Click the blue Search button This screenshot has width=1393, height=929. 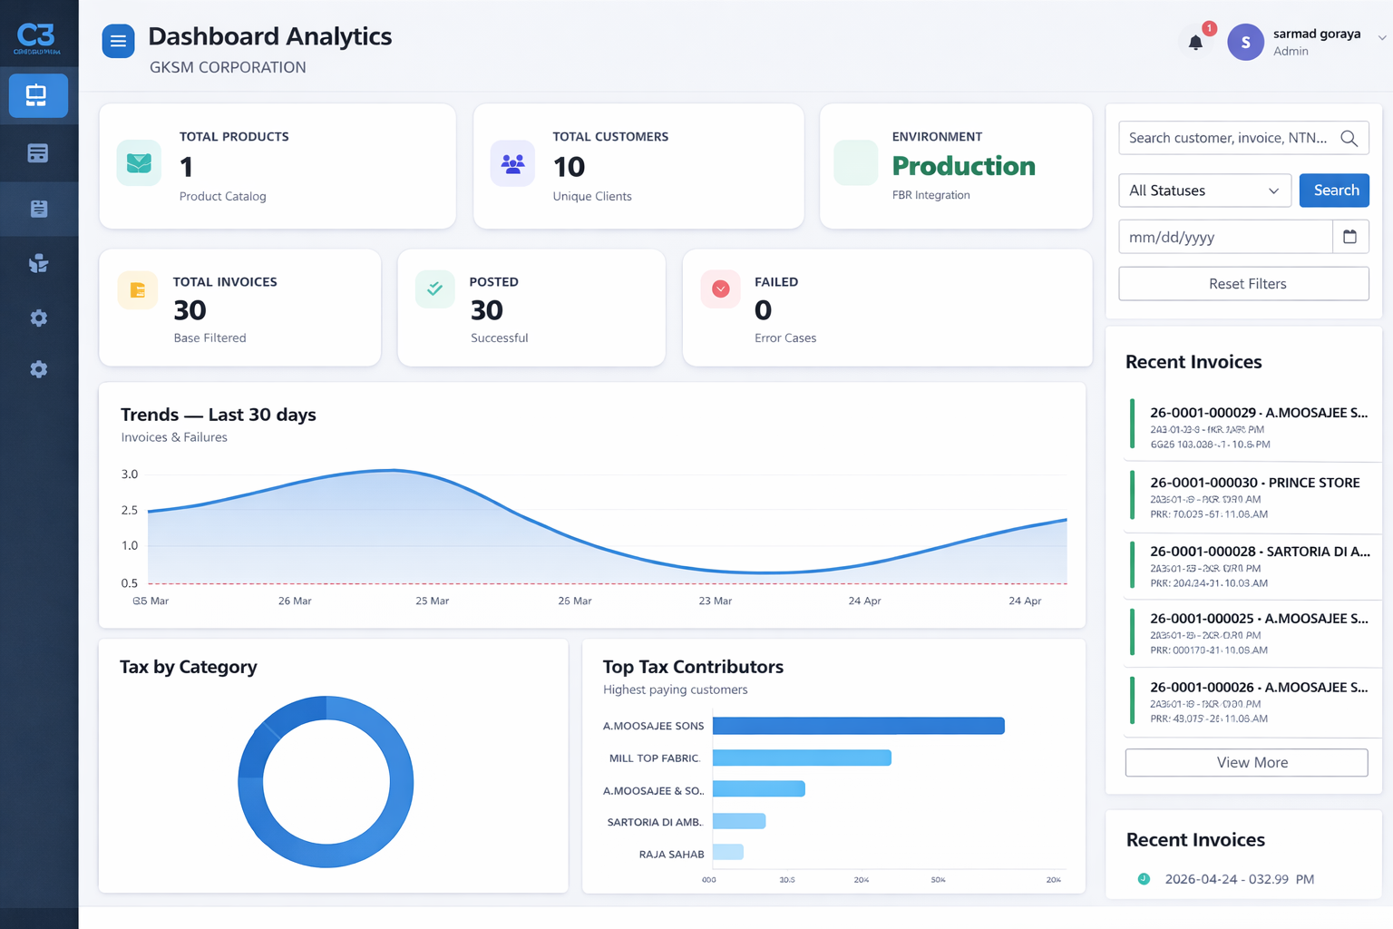click(x=1334, y=191)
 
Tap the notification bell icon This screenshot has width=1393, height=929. click(x=1195, y=42)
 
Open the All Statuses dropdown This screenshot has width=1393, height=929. click(x=1204, y=191)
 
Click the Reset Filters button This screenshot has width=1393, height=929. click(x=1243, y=284)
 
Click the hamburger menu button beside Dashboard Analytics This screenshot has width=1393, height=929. click(x=118, y=41)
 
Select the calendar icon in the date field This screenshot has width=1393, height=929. click(x=1349, y=237)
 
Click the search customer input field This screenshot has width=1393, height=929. click(x=1228, y=138)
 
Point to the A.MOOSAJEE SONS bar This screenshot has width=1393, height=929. click(x=858, y=726)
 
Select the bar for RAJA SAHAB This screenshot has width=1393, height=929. click(x=728, y=853)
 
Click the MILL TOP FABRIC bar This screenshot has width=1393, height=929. click(x=802, y=758)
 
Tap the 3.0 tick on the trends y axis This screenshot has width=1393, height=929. click(x=130, y=474)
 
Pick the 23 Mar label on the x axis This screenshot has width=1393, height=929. click(x=715, y=601)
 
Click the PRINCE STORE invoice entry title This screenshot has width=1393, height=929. click(x=1254, y=483)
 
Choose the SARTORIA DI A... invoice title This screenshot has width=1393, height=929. click(x=1260, y=552)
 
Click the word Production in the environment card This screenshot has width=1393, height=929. click(x=963, y=166)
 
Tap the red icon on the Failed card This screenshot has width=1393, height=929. click(x=721, y=289)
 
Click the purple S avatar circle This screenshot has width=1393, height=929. click(x=1245, y=42)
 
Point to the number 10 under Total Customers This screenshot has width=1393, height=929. click(x=569, y=167)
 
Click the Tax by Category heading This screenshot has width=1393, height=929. click(x=189, y=667)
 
